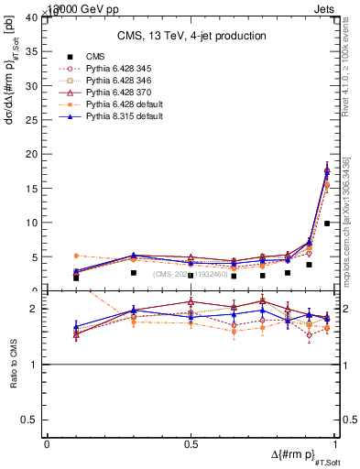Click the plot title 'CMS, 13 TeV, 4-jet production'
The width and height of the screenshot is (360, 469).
pos(191,36)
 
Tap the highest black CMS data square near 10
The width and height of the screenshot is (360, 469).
pos(327,224)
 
